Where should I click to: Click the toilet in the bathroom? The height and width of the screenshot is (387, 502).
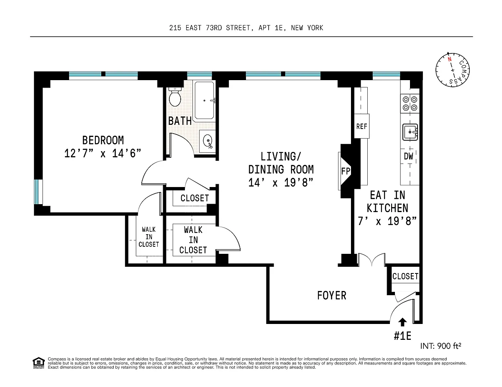tap(174, 97)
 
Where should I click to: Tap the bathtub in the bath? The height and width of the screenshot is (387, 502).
tap(204, 101)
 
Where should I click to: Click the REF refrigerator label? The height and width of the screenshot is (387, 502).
tap(361, 126)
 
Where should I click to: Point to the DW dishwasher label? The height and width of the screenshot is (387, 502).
tap(408, 156)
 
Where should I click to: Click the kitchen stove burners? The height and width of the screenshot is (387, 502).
tap(410, 104)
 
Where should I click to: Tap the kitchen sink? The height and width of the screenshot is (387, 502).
tap(410, 132)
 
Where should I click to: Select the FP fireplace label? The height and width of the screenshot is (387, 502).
tap(346, 171)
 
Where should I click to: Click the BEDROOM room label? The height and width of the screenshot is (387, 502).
tap(103, 140)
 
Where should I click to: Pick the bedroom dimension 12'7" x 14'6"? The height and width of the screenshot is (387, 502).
tap(102, 153)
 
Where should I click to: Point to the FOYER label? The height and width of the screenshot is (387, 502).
tap(332, 296)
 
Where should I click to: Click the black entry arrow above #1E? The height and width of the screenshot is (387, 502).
tap(402, 322)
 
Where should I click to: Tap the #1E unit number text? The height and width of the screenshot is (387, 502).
tap(402, 336)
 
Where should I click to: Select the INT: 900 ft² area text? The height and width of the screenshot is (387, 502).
tap(441, 346)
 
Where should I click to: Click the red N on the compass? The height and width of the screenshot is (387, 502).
tap(449, 59)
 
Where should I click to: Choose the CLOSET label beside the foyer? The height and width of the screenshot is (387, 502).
tap(405, 276)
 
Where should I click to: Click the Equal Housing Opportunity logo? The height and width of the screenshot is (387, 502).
tap(38, 363)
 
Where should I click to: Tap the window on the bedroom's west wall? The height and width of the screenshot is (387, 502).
tap(37, 192)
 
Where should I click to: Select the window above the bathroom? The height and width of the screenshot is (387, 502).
tap(200, 74)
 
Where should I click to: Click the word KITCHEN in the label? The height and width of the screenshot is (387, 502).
tap(387, 208)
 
